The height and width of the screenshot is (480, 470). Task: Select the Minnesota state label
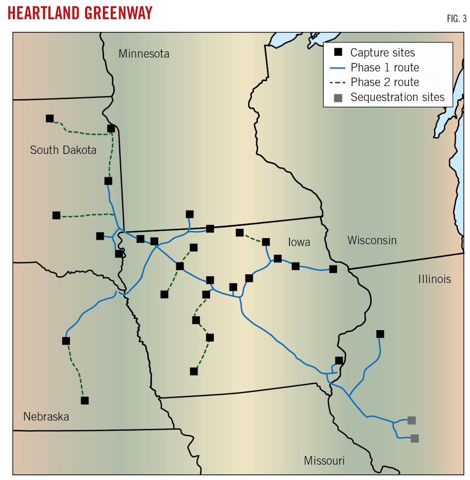(143, 54)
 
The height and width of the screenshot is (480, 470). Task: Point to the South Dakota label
(63, 150)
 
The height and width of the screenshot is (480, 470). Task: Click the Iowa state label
(299, 242)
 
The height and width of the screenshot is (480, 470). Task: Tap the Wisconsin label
(372, 240)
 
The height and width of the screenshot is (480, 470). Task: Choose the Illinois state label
(434, 279)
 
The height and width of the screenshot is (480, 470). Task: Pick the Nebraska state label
(46, 417)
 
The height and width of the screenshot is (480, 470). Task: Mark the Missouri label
(324, 461)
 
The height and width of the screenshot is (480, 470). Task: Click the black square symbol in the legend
(338, 52)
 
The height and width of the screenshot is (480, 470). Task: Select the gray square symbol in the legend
(338, 97)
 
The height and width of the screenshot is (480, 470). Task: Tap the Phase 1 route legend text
(384, 68)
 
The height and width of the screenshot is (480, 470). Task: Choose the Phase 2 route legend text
(384, 83)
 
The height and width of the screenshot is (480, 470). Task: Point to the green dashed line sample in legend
(338, 83)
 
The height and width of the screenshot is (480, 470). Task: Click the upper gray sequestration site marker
(411, 420)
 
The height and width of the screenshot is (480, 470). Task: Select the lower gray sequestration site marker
(415, 438)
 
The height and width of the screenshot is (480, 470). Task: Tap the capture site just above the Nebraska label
(85, 400)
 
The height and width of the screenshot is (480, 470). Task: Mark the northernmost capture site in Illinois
(380, 334)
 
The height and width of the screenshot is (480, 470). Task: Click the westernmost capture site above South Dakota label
(49, 118)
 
